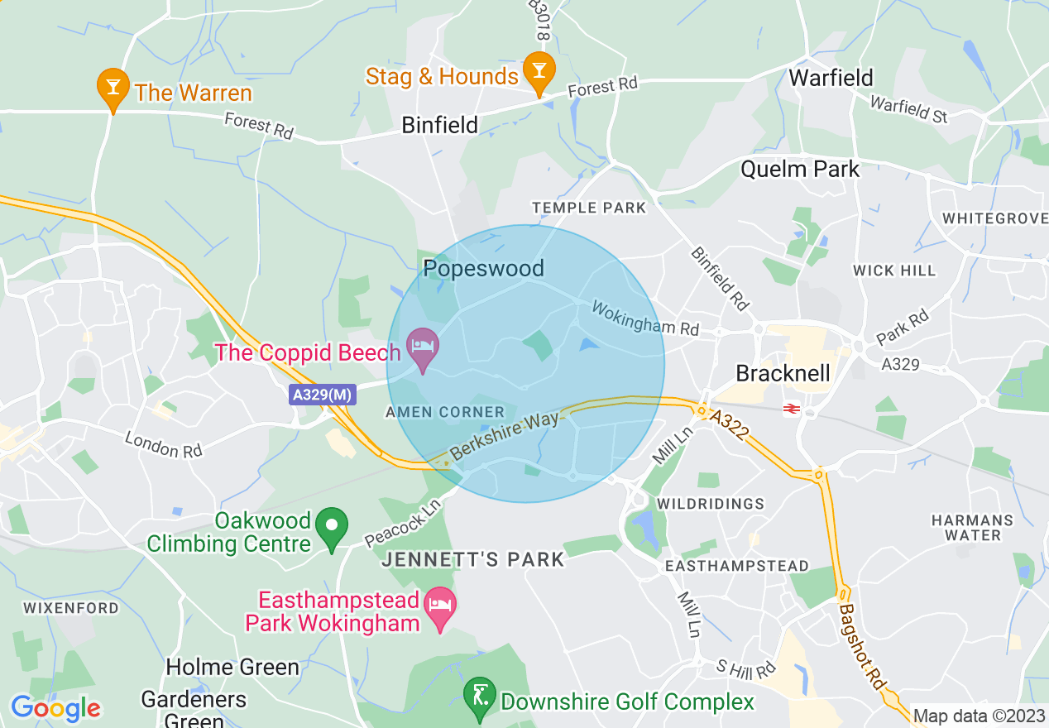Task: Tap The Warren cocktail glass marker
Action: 113,88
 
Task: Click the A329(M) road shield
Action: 323,395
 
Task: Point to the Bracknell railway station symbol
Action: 791,408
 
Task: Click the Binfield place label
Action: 439,125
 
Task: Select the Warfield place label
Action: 831,78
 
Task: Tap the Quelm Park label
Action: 800,170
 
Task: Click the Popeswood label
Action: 483,268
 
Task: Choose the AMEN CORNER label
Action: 445,412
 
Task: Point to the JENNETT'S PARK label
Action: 473,560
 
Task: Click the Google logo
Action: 55,709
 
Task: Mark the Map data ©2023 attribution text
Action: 979,716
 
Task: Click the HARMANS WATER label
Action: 972,528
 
